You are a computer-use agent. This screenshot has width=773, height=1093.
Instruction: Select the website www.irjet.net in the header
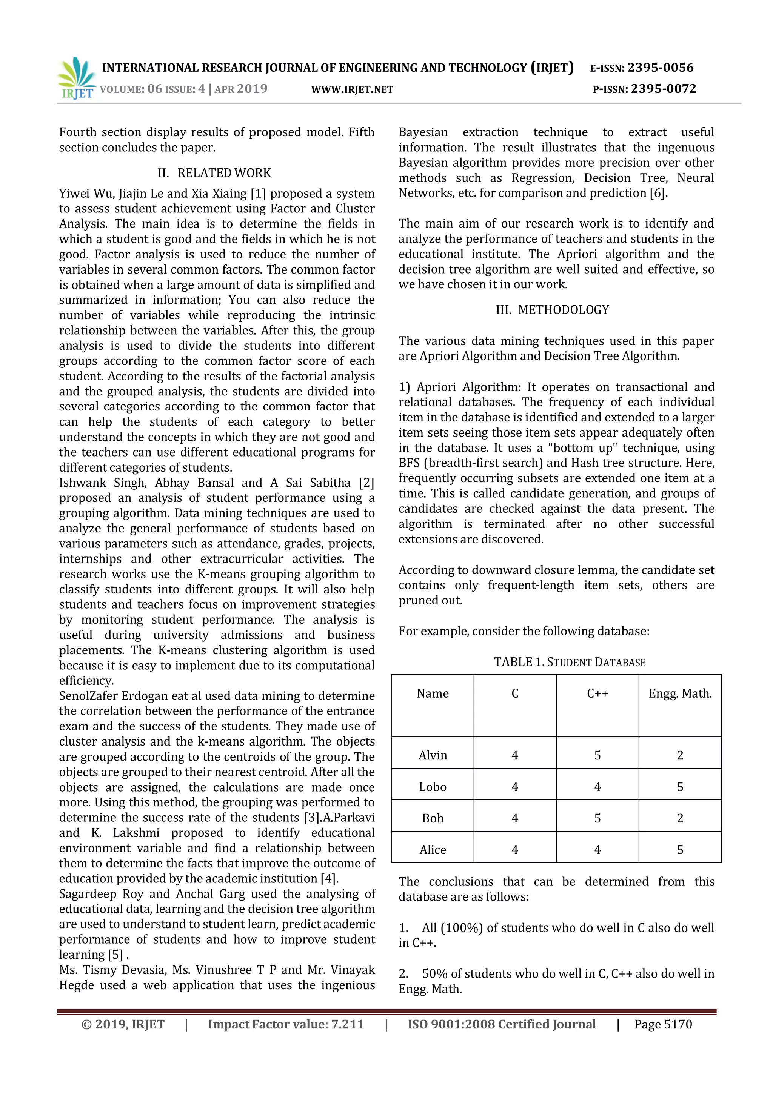coord(352,89)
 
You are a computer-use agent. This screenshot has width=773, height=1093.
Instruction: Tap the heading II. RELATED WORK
coord(214,173)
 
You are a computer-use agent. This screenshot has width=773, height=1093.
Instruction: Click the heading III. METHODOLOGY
coord(553,310)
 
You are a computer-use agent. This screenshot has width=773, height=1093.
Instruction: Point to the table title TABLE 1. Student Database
coord(570,662)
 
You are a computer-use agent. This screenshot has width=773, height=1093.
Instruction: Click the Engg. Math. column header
coord(680,693)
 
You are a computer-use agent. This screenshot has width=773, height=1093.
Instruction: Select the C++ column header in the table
coord(597,693)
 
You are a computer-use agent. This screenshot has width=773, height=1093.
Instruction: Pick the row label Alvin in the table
coord(433,755)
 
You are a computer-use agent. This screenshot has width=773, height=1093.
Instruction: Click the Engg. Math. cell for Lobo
coord(680,787)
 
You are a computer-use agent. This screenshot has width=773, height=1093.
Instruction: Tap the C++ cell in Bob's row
coord(597,818)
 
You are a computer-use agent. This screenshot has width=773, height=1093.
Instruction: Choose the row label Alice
coord(433,850)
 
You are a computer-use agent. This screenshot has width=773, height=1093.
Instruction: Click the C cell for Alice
coord(515,850)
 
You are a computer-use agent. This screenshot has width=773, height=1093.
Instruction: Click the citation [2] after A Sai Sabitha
coord(366,483)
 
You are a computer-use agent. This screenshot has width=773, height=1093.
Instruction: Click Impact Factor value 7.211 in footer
coord(286,1024)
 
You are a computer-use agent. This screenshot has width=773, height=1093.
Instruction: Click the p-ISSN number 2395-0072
coord(663,89)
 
